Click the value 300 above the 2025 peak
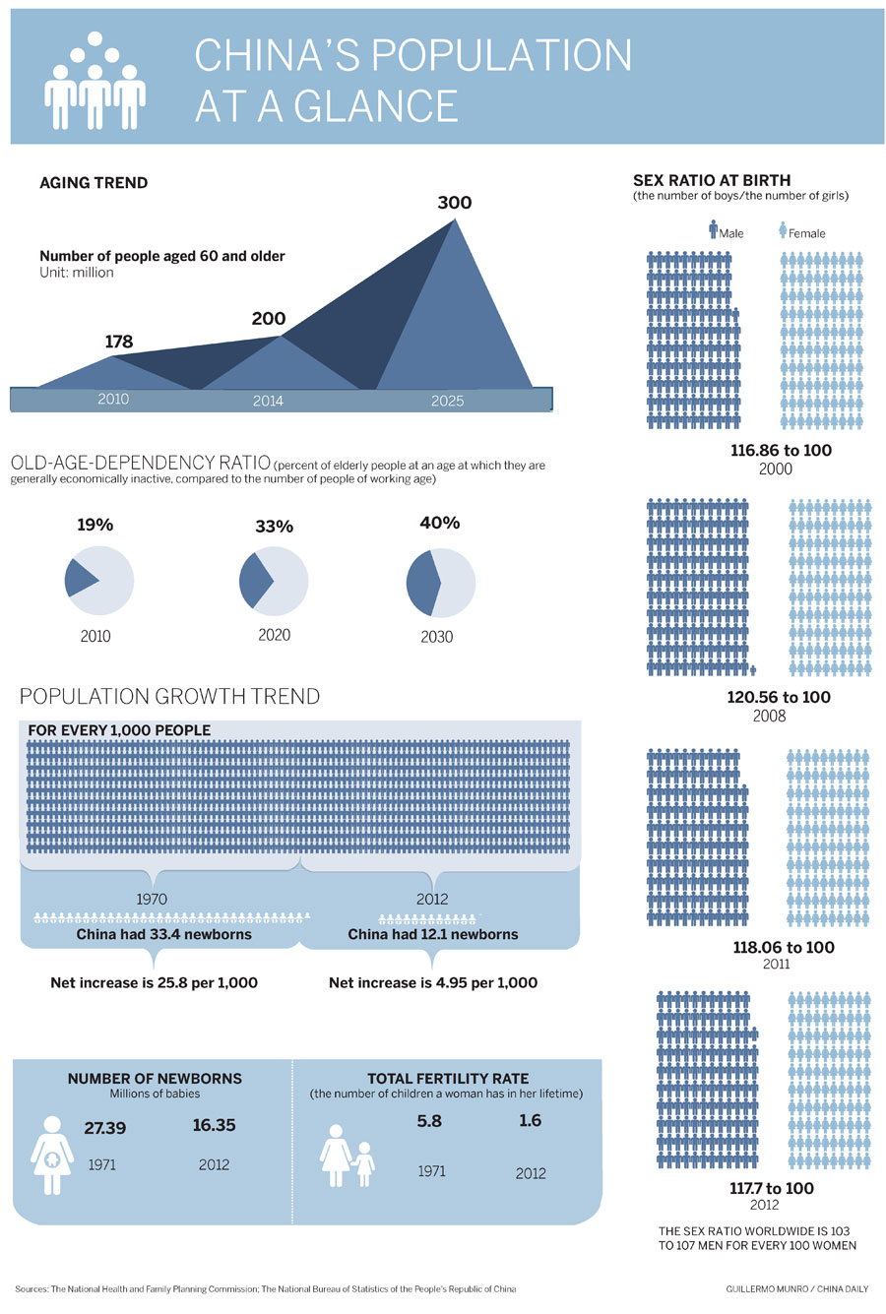pos(454,203)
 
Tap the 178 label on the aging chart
pos(118,342)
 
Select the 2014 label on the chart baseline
pos(268,401)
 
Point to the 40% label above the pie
pos(439,523)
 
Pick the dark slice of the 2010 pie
pos(79,580)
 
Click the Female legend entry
pos(804,233)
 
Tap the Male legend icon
pos(714,230)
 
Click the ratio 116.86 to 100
pos(781,450)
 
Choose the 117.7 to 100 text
pos(772,1188)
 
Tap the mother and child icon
pos(348,1156)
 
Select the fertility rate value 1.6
pos(530,1120)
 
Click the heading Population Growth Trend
pos(169,697)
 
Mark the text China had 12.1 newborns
pos(433,934)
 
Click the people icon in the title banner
pos(95,84)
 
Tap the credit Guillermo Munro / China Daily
pos(797,1288)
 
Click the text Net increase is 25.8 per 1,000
pos(154,982)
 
